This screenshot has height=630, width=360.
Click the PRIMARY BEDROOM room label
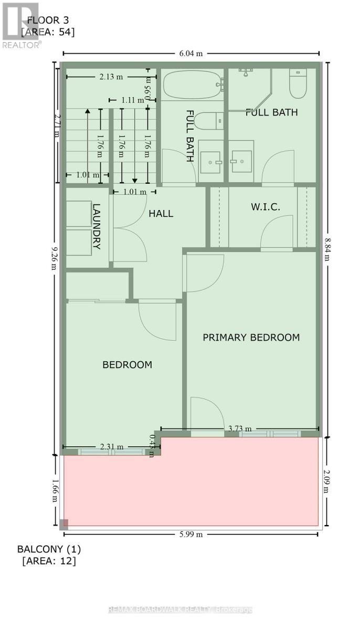(x=251, y=338)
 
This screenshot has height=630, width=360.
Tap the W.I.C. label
(x=265, y=207)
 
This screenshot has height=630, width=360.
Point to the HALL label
(x=161, y=214)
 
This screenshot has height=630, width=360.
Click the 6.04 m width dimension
(x=190, y=53)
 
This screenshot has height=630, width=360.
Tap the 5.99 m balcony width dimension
(x=190, y=534)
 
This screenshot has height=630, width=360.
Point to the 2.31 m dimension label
(x=112, y=447)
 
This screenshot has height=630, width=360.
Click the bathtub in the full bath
(x=192, y=86)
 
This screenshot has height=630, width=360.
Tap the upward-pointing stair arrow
(x=88, y=111)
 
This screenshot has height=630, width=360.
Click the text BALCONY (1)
(x=49, y=549)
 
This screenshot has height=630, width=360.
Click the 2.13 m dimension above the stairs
(x=111, y=77)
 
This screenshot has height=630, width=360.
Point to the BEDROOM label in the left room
(x=127, y=365)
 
